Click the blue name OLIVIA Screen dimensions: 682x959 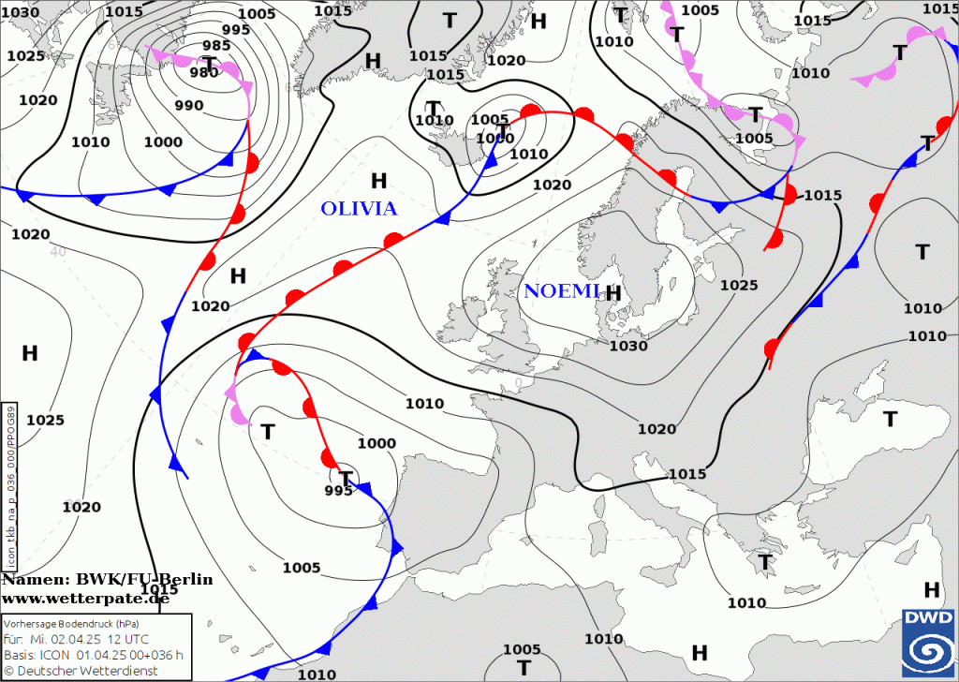pyautogui.click(x=359, y=209)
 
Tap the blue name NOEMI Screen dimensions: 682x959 pyautogui.click(x=561, y=291)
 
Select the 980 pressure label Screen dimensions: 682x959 pyautogui.click(x=203, y=73)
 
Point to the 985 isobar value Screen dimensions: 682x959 pyautogui.click(x=216, y=46)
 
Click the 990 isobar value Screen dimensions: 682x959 pyautogui.click(x=188, y=105)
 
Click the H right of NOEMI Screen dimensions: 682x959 pyautogui.click(x=613, y=293)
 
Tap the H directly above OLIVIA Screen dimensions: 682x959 pyautogui.click(x=378, y=180)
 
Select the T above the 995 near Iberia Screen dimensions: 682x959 pyautogui.click(x=346, y=478)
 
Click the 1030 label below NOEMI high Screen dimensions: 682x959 pyautogui.click(x=627, y=346)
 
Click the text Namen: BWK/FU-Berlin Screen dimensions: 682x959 pyautogui.click(x=107, y=580)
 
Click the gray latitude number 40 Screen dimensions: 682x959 pyautogui.click(x=58, y=251)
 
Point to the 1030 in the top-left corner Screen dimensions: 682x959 pyautogui.click(x=21, y=13)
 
